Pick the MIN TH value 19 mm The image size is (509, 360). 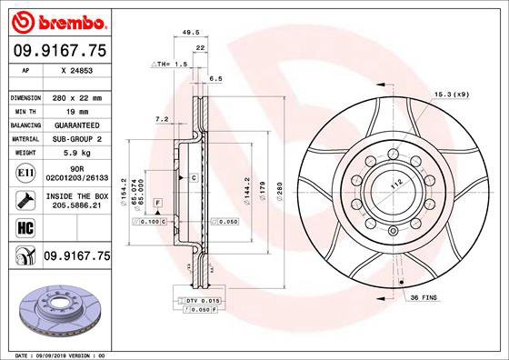point(74,109)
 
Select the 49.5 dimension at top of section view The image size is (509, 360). point(191,33)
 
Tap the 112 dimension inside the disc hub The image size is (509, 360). point(396,185)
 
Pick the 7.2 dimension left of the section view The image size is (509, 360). point(163,119)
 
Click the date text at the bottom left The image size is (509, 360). point(61,353)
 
